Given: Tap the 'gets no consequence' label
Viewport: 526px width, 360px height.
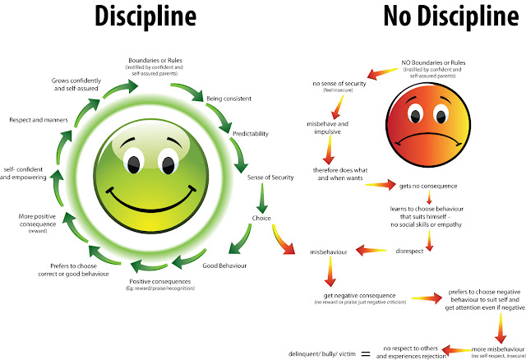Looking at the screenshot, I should tap(427, 185).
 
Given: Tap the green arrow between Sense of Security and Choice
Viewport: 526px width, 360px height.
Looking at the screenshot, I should tap(262, 197).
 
